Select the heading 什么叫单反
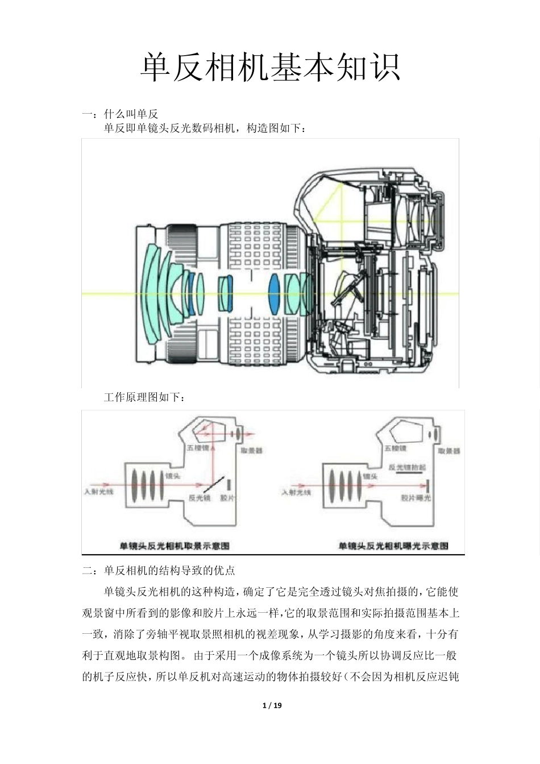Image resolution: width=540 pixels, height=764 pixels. point(131,114)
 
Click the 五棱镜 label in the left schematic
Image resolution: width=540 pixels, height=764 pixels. point(197,447)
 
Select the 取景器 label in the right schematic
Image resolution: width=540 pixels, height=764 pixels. point(449,451)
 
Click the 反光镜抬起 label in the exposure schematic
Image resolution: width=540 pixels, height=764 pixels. point(407,466)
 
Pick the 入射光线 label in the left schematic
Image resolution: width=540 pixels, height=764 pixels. point(99,491)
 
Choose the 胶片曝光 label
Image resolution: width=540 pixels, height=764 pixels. point(416,498)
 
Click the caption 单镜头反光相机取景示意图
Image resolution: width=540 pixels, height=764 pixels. point(174,545)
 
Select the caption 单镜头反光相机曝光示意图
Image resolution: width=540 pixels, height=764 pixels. point(393,545)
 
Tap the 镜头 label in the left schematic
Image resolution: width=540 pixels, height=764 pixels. point(173,475)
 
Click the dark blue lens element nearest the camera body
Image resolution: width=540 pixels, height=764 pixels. point(275,293)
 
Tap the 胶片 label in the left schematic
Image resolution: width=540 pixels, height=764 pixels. point(227,497)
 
